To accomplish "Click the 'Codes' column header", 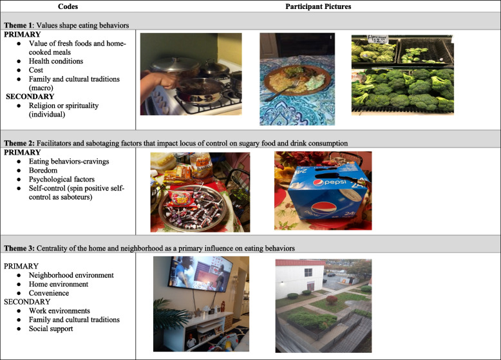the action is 68,6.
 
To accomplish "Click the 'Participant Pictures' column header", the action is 318,6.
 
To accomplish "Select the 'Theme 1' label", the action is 19,25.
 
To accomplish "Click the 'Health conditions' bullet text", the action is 56,61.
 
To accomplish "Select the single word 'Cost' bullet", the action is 36,70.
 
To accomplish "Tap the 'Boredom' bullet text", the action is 43,170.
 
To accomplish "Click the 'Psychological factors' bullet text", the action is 62,179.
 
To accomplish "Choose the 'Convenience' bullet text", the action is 49,293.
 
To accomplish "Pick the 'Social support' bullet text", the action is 51,328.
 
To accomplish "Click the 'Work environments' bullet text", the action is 59,311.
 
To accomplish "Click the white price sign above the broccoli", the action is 377,39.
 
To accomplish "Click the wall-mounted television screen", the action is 201,274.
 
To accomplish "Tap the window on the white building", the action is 308,272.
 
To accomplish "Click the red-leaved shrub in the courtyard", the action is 332,299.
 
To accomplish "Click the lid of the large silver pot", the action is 175,64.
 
